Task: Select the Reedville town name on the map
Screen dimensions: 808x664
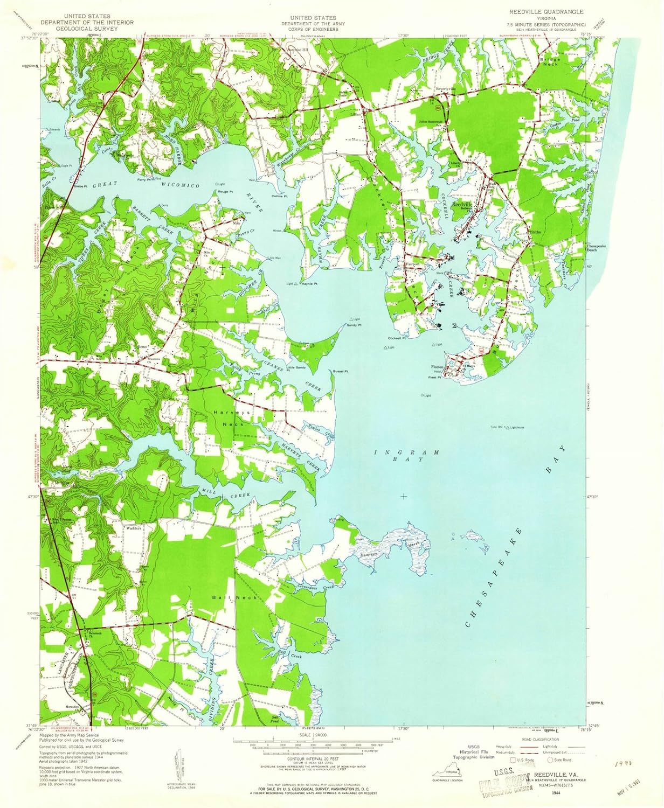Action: (462, 205)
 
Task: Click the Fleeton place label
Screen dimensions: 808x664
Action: (437, 367)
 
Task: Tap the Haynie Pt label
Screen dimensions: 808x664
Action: (309, 284)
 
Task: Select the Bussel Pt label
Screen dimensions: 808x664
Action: (340, 371)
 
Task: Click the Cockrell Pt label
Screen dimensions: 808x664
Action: (397, 338)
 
